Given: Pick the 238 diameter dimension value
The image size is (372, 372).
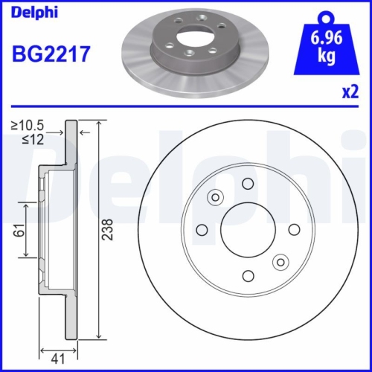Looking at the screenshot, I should tap(109, 229).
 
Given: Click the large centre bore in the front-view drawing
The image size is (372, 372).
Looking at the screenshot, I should tap(248, 228).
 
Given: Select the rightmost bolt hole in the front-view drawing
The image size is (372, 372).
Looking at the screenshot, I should tap(294, 228).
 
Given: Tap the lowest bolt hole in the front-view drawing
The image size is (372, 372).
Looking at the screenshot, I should tap(248, 275).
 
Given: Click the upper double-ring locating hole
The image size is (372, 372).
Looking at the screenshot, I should tap(216, 196).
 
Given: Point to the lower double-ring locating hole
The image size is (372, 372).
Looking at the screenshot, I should tap(280, 261).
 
